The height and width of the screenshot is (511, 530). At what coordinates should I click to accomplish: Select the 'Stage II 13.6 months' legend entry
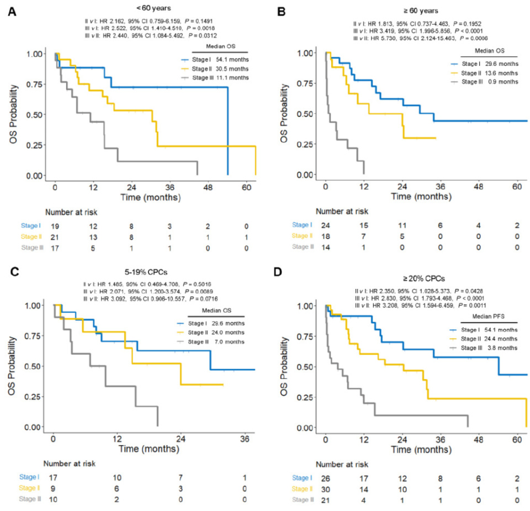[484, 73]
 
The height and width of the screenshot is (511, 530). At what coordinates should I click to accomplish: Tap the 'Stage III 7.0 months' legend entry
[215, 343]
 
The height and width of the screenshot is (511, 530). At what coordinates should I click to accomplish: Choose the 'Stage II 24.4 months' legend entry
[484, 338]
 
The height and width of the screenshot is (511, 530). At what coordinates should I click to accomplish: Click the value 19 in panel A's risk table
[55, 226]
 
